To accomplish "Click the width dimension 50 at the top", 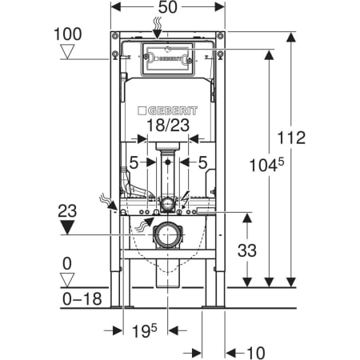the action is [168, 7].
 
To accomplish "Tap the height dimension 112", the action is [291, 138].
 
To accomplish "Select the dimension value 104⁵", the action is [266, 165].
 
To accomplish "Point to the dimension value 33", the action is [247, 250].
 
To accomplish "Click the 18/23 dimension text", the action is [168, 125].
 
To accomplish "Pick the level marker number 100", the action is [68, 34].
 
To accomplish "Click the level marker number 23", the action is [67, 210].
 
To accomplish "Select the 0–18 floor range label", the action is [82, 298].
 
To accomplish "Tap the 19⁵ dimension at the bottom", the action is [145, 330].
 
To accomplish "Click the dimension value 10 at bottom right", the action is [256, 353].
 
